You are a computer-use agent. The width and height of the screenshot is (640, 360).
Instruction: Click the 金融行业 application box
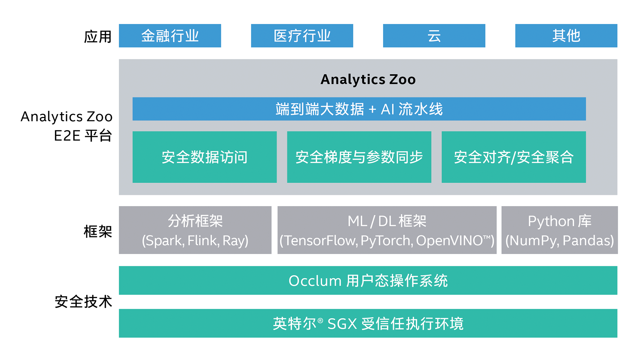point(170,36)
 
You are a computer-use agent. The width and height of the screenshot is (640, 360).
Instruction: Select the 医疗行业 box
point(302,36)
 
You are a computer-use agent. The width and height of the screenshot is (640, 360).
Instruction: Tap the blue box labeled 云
point(434,36)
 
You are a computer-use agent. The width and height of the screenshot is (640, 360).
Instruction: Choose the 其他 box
point(566,36)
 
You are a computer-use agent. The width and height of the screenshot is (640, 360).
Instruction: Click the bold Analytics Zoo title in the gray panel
point(368,79)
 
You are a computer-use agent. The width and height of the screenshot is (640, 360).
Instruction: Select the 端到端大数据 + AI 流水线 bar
point(359,109)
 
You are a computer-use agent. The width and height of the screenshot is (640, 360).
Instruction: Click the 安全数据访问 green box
point(204,157)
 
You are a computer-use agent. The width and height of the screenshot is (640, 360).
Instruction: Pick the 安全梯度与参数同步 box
point(359,157)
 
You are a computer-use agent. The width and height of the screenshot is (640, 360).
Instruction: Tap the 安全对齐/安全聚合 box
point(513,157)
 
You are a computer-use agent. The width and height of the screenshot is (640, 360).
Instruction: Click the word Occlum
point(315,281)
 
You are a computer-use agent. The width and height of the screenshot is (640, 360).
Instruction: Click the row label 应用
point(98,37)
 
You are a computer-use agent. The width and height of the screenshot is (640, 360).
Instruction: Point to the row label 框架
point(98,231)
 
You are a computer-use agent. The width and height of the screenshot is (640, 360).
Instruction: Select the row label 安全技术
point(83,302)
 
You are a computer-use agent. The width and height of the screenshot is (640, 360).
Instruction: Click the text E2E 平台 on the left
point(83,136)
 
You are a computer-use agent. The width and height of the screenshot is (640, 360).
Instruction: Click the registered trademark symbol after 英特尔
point(320,321)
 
